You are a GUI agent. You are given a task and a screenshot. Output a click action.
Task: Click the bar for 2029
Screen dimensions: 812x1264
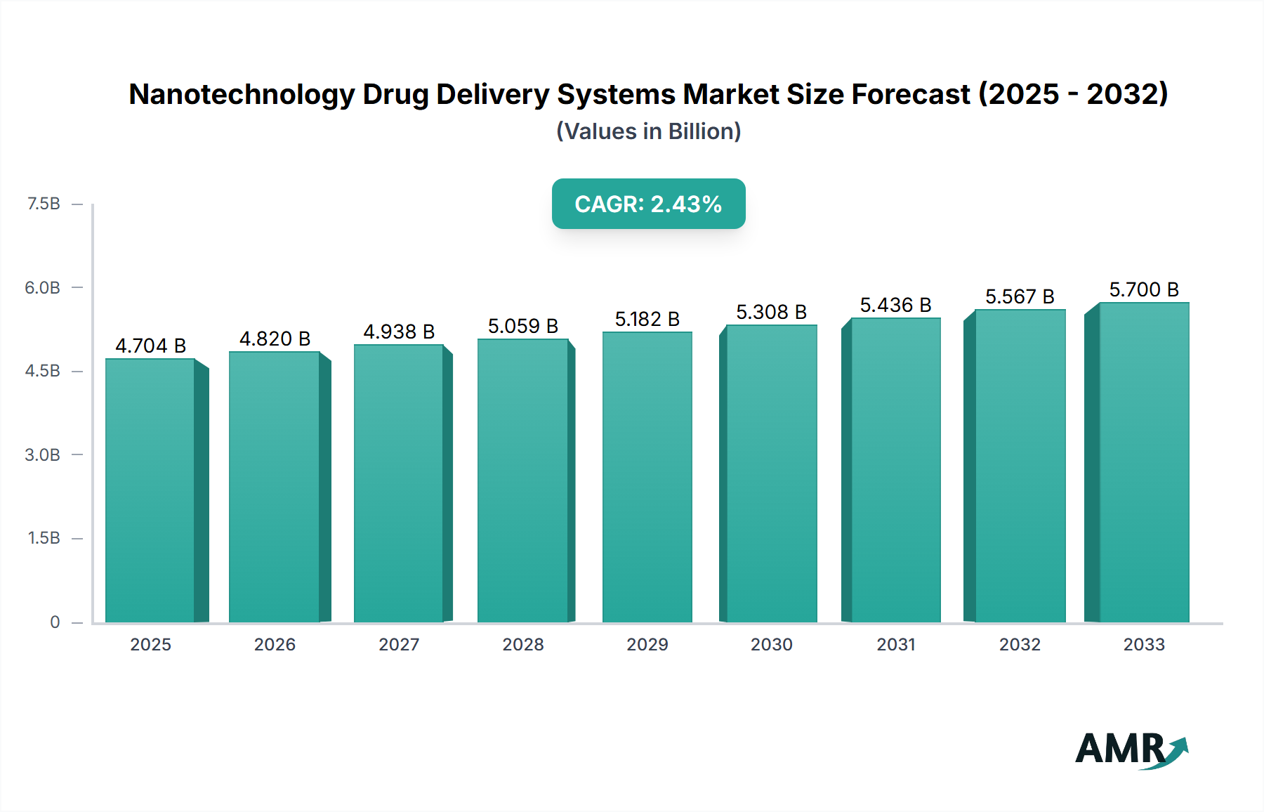coord(647,477)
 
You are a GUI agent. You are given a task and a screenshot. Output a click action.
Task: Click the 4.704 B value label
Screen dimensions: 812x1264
coord(150,346)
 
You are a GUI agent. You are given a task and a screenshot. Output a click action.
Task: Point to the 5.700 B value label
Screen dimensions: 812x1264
coord(1144,289)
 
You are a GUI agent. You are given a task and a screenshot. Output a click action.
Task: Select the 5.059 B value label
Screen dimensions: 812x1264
coord(523,326)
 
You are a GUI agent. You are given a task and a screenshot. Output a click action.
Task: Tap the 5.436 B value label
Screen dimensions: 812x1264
coord(895,305)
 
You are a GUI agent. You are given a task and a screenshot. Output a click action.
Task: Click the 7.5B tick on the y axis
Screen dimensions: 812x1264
coord(44,204)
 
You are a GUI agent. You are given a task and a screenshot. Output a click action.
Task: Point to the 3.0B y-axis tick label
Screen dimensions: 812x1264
coord(43,454)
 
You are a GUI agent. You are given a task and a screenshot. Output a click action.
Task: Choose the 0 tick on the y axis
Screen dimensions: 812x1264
coord(55,622)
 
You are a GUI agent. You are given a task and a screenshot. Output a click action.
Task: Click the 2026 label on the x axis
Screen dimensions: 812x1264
coord(275,644)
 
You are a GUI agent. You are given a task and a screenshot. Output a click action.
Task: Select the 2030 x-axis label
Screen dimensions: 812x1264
coord(771,644)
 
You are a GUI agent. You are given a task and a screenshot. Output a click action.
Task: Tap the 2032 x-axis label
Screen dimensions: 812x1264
coord(1020,644)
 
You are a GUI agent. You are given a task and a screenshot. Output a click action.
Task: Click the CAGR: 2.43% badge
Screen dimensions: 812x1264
coord(648,204)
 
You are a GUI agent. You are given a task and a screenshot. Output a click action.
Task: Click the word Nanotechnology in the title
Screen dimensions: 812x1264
coord(242,94)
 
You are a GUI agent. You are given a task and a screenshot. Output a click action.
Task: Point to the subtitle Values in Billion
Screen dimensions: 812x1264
coord(648,131)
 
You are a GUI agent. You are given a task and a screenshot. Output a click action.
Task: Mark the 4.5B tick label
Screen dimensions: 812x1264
coord(43,371)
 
